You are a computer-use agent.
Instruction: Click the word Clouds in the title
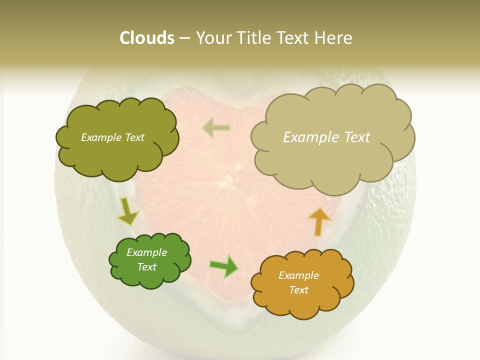(147, 38)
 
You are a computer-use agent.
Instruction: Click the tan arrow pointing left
(216, 128)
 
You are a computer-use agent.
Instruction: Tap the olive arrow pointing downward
(127, 211)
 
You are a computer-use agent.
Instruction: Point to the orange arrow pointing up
(318, 220)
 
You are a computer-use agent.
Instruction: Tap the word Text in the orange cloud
(298, 290)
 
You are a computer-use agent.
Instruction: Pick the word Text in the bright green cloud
(146, 267)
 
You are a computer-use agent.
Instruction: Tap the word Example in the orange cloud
(298, 275)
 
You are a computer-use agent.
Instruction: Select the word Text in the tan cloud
(356, 137)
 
